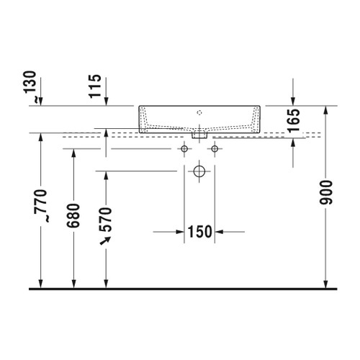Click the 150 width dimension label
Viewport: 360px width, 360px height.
point(199,231)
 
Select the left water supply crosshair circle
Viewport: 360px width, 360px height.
point(184,148)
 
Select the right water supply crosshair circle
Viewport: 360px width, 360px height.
point(214,148)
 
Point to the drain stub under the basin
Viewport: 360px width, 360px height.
point(199,133)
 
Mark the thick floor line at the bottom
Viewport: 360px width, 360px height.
point(180,289)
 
